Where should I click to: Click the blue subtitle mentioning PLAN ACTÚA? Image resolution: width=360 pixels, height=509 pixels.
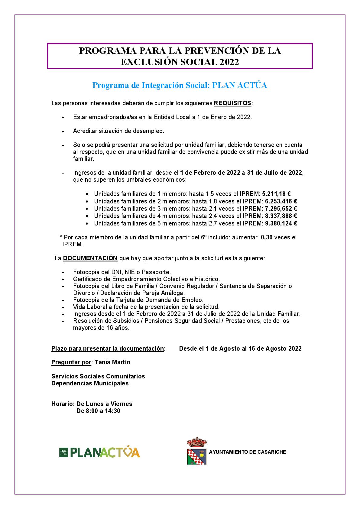click(x=180, y=86)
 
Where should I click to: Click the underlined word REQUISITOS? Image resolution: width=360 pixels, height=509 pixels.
click(x=232, y=103)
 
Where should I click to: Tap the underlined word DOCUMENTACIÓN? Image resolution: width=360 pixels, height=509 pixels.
click(x=90, y=258)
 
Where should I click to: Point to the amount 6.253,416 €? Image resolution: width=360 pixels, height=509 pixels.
click(x=281, y=201)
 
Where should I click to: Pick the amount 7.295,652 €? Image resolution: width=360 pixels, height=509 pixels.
click(x=281, y=209)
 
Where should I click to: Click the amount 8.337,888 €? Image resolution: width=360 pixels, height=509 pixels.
click(x=281, y=216)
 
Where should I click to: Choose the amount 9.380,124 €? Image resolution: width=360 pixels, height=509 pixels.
click(x=281, y=224)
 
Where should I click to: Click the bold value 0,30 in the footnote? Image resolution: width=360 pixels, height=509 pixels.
click(x=267, y=238)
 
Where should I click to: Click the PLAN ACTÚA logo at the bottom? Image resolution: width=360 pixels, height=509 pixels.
click(x=100, y=452)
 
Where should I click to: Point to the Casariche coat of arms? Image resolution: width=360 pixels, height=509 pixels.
click(x=196, y=451)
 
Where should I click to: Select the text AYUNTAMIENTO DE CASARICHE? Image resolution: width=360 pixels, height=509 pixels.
click(x=247, y=452)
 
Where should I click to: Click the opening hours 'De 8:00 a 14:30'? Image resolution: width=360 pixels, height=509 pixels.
click(x=98, y=411)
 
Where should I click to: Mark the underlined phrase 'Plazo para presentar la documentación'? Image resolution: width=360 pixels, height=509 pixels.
click(x=108, y=349)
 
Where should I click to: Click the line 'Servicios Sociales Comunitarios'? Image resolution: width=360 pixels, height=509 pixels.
click(x=98, y=376)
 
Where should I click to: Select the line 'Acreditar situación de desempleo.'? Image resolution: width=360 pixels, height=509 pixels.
click(x=118, y=131)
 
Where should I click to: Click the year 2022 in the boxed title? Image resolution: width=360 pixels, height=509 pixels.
click(x=229, y=62)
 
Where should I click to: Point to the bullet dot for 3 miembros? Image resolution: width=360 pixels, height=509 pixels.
click(x=87, y=209)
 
